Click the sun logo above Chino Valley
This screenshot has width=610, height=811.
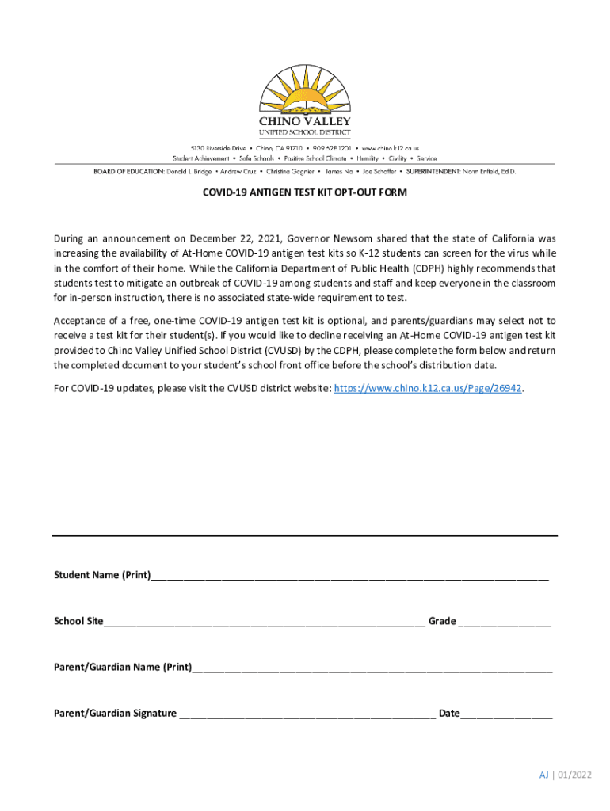pos(304,89)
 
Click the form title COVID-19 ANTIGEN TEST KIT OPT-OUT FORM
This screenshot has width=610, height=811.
pos(305,192)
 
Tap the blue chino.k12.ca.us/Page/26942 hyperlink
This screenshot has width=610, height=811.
pos(428,389)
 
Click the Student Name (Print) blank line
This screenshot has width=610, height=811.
pos(349,577)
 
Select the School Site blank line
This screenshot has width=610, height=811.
pos(263,623)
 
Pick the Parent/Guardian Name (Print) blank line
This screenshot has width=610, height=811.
pos(372,668)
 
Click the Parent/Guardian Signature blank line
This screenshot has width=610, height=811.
pos(307,714)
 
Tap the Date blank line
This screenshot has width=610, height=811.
pos(506,714)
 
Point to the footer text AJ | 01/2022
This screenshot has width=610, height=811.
pos(566,775)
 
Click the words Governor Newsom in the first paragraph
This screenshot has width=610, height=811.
pos(324,238)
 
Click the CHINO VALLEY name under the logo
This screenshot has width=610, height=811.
pos(305,121)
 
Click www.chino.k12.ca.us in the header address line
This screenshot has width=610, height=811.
pos(391,148)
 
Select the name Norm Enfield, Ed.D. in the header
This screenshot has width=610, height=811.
pos(490,171)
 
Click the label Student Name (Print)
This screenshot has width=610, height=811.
pos(101,575)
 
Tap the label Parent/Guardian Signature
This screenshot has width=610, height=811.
pos(115,713)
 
